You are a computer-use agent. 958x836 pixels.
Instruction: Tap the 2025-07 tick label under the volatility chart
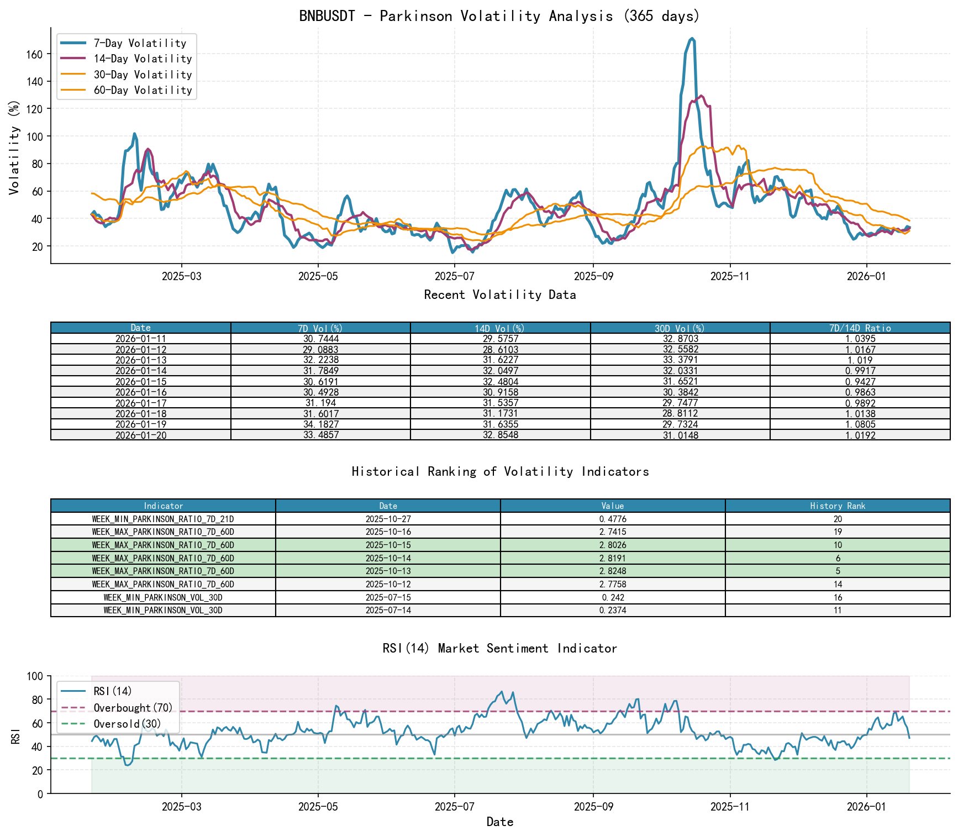454,276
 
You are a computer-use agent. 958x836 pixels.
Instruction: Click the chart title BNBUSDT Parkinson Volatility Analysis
499,16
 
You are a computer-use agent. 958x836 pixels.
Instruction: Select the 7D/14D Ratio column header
860,328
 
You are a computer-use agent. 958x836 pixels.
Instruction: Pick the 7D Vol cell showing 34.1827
320,424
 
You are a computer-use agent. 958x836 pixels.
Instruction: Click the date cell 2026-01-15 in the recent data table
140,382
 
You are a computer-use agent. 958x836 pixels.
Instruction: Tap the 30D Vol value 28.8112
680,414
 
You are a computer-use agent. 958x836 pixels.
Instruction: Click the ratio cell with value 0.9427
860,382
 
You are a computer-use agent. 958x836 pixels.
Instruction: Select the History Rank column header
838,506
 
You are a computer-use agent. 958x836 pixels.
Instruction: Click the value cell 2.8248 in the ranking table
612,571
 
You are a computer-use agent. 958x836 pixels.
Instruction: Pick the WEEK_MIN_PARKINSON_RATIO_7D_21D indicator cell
163,519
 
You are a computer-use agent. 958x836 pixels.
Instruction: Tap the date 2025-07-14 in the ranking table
388,611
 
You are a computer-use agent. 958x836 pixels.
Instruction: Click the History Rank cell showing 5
838,571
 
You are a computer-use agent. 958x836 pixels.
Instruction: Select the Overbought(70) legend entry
133,708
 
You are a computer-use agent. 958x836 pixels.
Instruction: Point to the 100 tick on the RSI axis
34,676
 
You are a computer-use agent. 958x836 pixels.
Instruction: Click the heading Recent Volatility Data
499,295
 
